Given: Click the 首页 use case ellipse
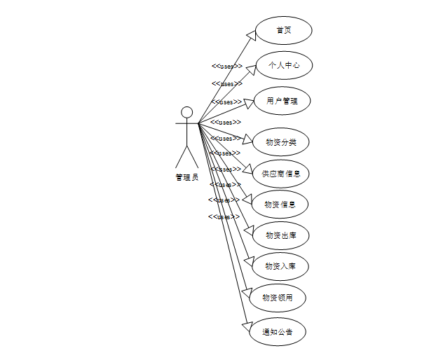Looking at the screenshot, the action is click(282, 31).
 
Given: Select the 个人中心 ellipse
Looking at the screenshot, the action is click(282, 66).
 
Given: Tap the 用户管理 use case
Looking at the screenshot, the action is click(282, 102).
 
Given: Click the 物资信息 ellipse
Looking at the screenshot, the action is click(280, 205).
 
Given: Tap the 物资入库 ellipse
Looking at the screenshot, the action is click(280, 266).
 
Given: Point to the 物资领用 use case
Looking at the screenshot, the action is click(278, 298).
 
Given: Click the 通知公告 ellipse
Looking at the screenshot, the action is click(278, 331).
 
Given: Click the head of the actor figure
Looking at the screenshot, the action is click(186, 112).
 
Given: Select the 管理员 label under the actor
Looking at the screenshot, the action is click(186, 177).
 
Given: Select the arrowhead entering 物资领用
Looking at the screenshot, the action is click(245, 291).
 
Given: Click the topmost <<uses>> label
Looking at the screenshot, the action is click(227, 67).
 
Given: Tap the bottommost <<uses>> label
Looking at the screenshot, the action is click(223, 217).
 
